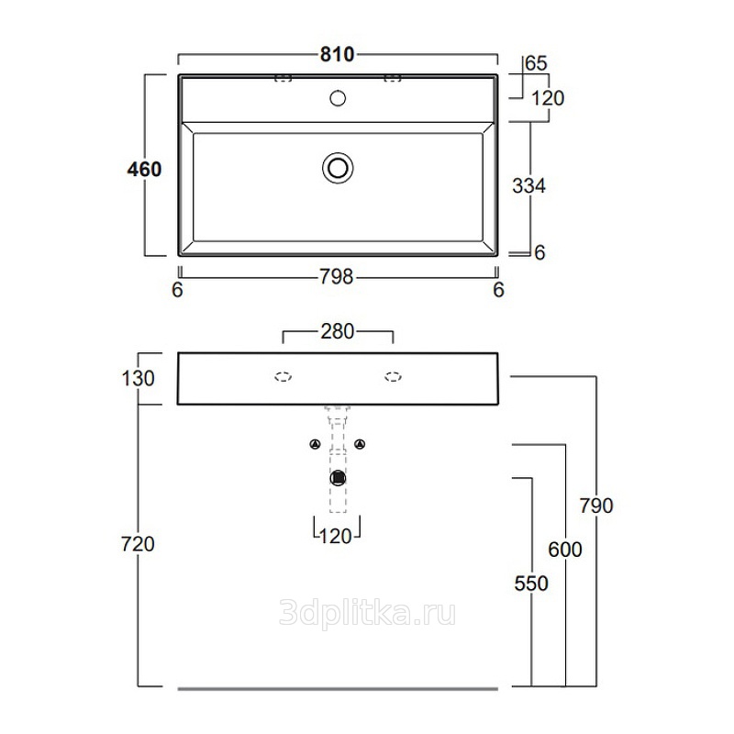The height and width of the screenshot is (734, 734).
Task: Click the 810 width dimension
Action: [x=337, y=55]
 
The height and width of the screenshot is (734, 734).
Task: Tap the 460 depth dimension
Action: [x=144, y=169]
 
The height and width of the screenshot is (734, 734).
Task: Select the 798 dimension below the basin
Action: [x=336, y=277]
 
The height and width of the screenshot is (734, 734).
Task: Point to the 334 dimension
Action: [x=529, y=186]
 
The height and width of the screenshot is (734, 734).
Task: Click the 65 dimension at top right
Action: [x=536, y=63]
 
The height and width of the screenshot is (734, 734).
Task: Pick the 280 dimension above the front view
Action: [x=337, y=331]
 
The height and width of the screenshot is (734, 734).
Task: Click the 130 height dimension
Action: [x=139, y=378]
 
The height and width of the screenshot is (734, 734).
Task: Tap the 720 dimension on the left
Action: [x=138, y=544]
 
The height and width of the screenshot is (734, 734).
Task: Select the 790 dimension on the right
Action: [x=596, y=506]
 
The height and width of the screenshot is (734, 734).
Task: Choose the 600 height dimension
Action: [x=565, y=550]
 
